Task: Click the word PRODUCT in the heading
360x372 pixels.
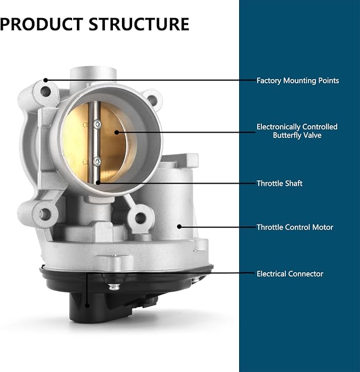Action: (41, 24)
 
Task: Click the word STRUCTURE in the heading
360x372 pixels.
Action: (139, 24)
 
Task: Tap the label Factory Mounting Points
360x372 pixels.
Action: (297, 81)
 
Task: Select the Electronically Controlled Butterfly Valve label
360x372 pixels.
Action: (297, 131)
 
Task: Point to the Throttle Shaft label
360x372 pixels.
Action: (279, 184)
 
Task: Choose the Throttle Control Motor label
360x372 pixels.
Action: (295, 227)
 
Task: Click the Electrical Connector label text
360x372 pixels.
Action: (290, 274)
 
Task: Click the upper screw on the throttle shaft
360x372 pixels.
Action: (97, 124)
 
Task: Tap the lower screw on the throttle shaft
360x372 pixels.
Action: (97, 161)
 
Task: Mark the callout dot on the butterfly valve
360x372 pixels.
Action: (117, 132)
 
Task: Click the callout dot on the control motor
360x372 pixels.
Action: (179, 227)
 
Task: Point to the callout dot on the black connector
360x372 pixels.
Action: (87, 306)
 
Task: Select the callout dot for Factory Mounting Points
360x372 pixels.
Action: (46, 80)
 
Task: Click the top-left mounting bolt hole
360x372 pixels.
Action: (45, 91)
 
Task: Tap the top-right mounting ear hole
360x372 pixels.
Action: (152, 99)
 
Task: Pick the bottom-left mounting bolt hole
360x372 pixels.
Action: (45, 214)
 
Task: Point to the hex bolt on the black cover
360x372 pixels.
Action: (114, 287)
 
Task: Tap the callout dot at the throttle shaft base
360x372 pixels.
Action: (98, 183)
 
